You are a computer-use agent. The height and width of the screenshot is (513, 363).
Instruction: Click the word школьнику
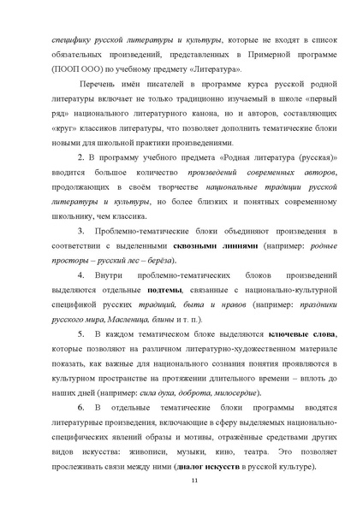74,218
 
